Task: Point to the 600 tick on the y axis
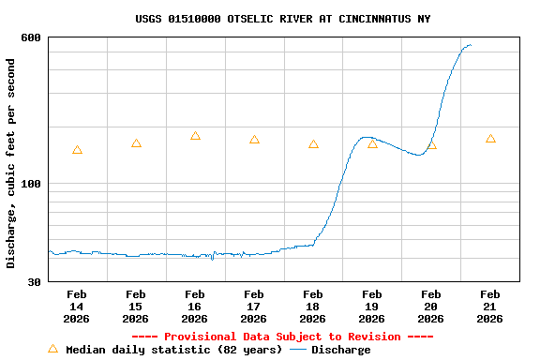(x=31, y=37)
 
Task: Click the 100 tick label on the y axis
(x=31, y=184)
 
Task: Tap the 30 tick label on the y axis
(x=35, y=282)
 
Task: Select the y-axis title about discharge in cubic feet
(x=11, y=163)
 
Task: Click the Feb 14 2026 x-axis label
(x=77, y=307)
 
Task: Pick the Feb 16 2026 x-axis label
(x=195, y=307)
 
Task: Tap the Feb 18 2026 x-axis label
(x=313, y=307)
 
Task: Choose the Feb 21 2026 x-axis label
(x=490, y=307)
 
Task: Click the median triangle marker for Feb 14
(x=77, y=150)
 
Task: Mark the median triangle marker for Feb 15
(x=136, y=143)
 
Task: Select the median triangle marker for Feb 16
(x=195, y=136)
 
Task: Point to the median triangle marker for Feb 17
(x=254, y=140)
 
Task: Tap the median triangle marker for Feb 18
(x=313, y=144)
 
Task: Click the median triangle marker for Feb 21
(x=490, y=139)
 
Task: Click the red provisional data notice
(x=282, y=337)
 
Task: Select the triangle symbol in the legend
(x=52, y=349)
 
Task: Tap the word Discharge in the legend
(x=340, y=350)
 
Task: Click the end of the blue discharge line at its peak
(x=471, y=45)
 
